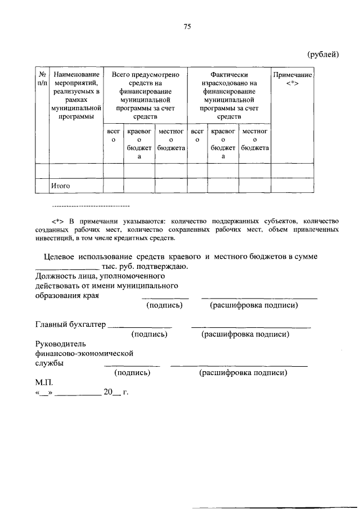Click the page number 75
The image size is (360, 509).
point(187,26)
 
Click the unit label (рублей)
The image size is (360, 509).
point(322,54)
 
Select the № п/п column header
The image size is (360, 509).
point(42,79)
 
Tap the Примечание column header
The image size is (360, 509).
point(292,79)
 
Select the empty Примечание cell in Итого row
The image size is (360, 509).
point(292,185)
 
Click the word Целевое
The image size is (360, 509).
point(60,256)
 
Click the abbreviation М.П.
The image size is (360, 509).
point(43,382)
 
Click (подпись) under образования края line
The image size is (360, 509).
point(164,305)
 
